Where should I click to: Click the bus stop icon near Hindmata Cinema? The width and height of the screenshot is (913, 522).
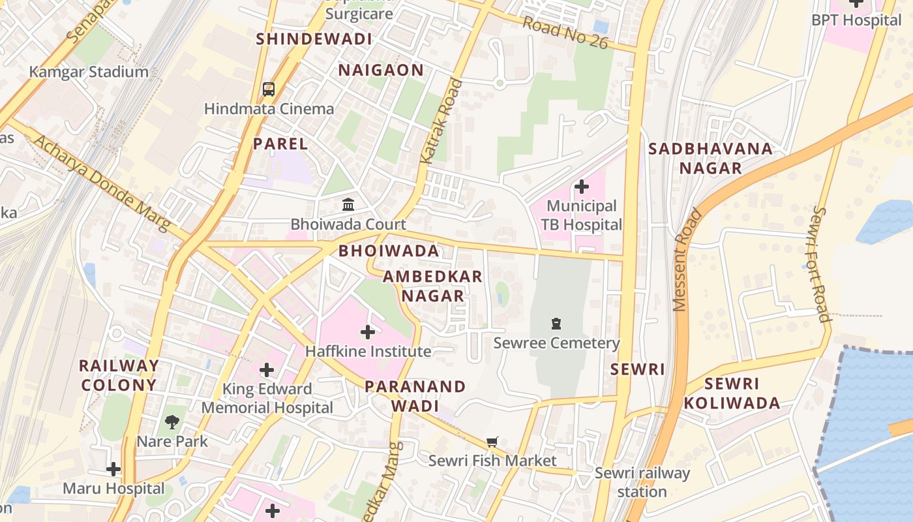[268, 89]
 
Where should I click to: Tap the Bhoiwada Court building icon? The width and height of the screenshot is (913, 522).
[348, 204]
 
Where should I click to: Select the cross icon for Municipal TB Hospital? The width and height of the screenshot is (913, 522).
[581, 187]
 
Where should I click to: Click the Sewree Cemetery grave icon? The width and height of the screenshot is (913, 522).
[556, 323]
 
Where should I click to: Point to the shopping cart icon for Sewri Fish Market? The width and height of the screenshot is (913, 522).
[492, 442]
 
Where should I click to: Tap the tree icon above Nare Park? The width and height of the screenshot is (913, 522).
[172, 422]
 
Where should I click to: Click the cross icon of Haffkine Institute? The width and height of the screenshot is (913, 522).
[368, 332]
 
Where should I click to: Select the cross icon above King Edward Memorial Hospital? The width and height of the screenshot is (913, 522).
[267, 371]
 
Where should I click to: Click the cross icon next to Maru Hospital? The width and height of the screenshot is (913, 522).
[113, 469]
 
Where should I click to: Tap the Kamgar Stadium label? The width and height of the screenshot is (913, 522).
[89, 72]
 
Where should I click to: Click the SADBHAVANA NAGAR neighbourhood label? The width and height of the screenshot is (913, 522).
[711, 158]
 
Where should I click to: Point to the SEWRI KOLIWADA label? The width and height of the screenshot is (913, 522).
[732, 393]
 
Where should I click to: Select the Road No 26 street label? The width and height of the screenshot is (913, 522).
[565, 32]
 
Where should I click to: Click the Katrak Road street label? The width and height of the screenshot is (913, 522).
[441, 121]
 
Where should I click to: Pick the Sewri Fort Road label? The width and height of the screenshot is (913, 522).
[820, 264]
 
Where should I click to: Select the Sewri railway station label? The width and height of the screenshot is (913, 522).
[642, 482]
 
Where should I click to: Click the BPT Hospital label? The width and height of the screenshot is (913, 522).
[856, 20]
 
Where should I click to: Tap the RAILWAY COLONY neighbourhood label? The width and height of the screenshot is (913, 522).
[118, 375]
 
